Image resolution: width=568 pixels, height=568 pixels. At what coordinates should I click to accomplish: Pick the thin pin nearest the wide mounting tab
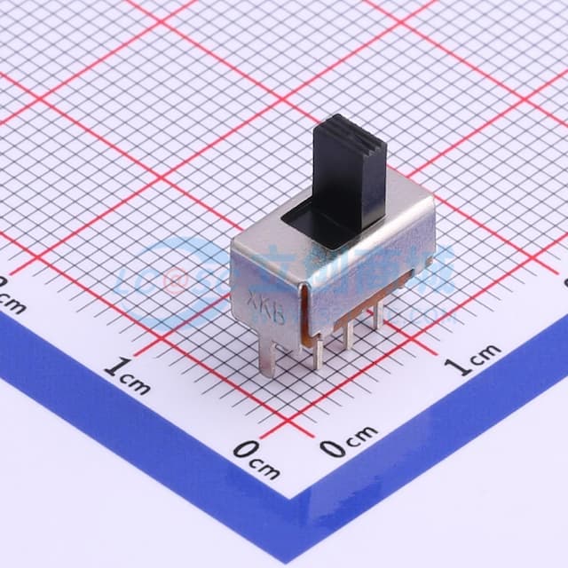pos(318,351)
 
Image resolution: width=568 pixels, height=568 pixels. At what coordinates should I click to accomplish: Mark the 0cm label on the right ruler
pos(349,441)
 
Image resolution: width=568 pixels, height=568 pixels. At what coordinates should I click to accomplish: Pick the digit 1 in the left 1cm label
pos(114,368)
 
